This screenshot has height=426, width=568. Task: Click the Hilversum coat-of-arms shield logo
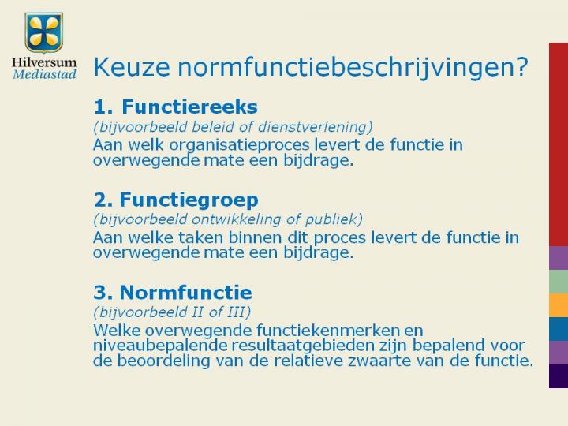pos(44,33)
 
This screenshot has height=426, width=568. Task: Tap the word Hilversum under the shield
pos(44,62)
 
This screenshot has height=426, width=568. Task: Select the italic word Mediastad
pos(44,74)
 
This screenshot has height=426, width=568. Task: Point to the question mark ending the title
pos(522,66)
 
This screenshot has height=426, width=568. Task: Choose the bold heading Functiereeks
pos(189,106)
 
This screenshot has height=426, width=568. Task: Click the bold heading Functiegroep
pos(189,200)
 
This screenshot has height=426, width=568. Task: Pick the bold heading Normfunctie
pos(185,293)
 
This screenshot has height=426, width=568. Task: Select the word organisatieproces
pos(240,145)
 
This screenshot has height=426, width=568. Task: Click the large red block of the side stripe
pos(559,144)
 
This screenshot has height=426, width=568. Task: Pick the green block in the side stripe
pos(559,282)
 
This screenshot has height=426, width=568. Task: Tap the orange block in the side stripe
pos(559,305)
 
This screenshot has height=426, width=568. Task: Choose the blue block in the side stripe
pos(559,329)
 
